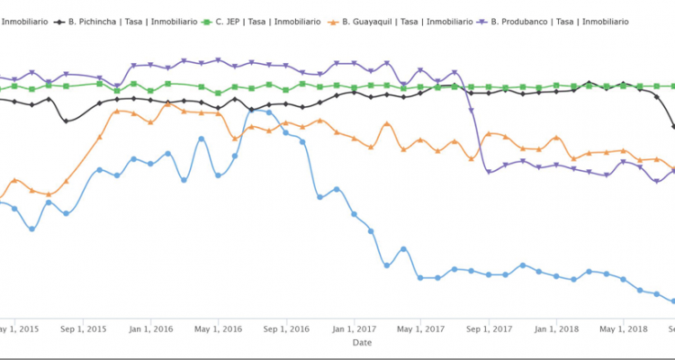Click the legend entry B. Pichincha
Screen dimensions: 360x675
(x=126, y=20)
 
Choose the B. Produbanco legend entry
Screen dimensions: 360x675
(x=559, y=20)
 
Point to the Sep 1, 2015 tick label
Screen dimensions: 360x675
(x=83, y=328)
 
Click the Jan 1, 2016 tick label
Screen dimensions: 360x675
(x=150, y=328)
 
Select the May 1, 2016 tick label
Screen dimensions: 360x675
(x=218, y=328)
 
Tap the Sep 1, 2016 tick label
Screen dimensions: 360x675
(x=286, y=328)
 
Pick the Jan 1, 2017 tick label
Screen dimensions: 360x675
(x=354, y=328)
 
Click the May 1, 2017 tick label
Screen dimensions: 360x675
(x=420, y=328)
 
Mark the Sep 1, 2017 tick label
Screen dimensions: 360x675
(x=489, y=328)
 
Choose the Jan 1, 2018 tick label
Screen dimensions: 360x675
(x=556, y=328)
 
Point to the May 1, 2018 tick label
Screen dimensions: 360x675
(x=624, y=328)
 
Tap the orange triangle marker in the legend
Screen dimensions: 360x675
(x=335, y=20)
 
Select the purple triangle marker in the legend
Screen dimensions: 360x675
(x=484, y=20)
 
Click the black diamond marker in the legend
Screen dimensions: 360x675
(x=60, y=20)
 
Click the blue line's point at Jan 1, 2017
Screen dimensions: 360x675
(x=354, y=214)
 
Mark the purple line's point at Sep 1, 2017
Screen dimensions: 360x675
(x=489, y=171)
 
